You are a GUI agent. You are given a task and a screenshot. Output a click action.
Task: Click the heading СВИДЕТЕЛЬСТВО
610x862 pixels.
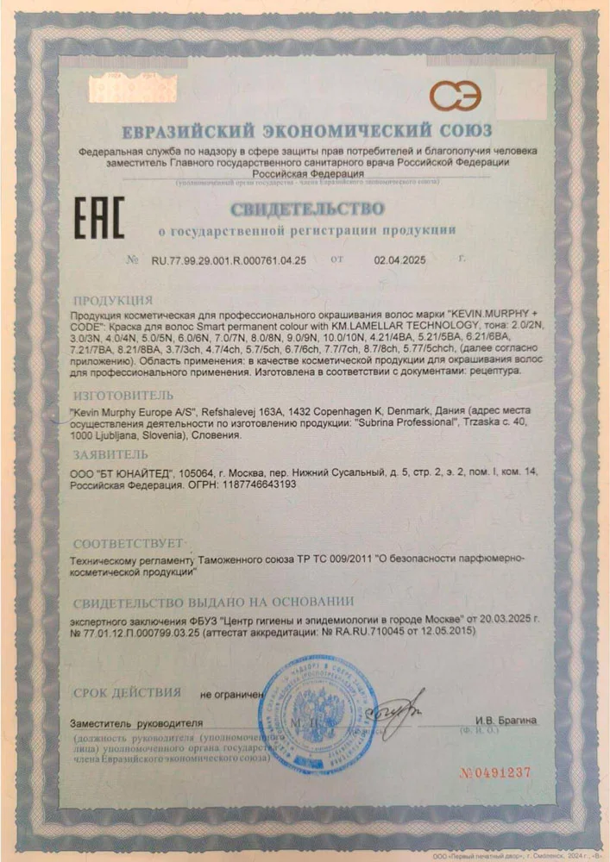[307, 209]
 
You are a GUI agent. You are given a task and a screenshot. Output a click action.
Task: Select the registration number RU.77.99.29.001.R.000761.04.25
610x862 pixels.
[229, 259]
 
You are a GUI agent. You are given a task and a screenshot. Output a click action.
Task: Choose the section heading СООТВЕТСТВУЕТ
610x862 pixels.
[128, 544]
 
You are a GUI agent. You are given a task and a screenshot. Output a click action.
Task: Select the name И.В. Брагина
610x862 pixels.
[506, 720]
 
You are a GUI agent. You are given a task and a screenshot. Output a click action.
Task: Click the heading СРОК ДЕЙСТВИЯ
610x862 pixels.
[127, 692]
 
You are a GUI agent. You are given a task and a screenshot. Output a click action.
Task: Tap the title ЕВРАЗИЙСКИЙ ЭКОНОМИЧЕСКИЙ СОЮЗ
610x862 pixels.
[306, 131]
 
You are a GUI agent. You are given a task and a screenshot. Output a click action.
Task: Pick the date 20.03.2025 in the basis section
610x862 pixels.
[500, 619]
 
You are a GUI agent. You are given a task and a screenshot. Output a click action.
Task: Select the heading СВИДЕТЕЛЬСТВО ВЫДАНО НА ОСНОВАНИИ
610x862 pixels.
[213, 601]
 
